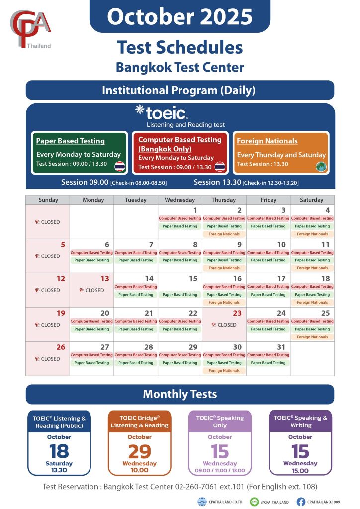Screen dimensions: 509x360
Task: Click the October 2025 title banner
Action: [180, 17]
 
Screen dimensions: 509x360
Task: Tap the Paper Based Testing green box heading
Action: [71, 141]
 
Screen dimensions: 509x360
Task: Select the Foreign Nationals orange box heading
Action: [267, 141]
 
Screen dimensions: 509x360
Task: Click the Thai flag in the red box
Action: [220, 167]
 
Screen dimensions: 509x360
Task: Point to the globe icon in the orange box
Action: [321, 167]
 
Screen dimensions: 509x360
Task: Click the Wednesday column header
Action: [180, 200]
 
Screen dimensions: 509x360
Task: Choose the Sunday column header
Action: [48, 200]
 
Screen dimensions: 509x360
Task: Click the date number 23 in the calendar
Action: [237, 313]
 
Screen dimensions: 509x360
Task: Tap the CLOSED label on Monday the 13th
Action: [92, 290]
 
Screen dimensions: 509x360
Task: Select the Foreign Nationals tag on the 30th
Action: [224, 371]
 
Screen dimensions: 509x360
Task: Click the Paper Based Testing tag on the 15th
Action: [180, 295]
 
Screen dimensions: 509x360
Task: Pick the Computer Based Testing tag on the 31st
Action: [268, 355]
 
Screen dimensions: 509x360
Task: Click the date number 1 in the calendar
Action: [195, 210]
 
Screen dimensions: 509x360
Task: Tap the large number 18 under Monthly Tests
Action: [59, 451]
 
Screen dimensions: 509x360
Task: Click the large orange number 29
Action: [139, 451]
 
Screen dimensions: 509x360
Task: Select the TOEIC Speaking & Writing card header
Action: [300, 422]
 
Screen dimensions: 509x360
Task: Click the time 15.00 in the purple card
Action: [300, 470]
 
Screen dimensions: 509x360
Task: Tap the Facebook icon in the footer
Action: [301, 502]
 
